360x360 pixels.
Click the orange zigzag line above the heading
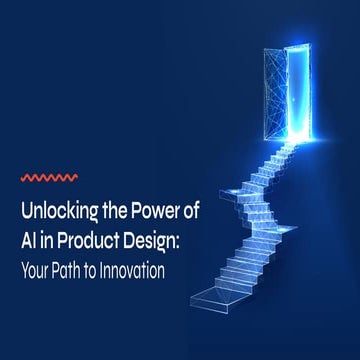tap(50, 180)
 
